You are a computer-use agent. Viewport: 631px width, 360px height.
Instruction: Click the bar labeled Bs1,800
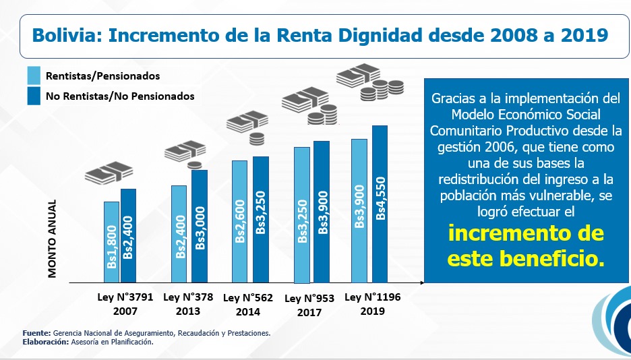(111, 241)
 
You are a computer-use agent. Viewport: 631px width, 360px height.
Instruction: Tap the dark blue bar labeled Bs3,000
(200, 226)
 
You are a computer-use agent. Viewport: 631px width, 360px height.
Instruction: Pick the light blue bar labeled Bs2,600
(239, 221)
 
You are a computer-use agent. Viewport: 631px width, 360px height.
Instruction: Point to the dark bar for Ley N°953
(322, 212)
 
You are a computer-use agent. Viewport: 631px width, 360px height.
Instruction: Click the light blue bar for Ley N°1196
(359, 210)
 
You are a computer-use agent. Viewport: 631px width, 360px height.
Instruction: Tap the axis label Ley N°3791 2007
(126, 304)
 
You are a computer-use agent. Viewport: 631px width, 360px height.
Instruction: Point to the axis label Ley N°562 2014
(247, 305)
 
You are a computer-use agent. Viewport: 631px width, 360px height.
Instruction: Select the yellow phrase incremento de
(526, 234)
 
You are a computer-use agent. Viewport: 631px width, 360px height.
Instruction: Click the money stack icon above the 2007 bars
(109, 173)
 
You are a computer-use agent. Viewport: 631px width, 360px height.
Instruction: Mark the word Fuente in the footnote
(36, 333)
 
